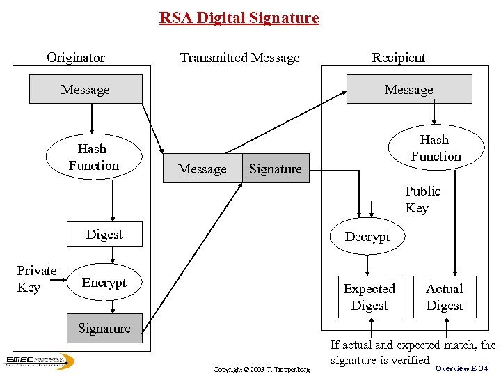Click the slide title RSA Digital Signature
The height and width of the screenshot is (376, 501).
239,17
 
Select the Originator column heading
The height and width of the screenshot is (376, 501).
76,57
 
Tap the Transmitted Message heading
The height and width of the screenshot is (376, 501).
239,57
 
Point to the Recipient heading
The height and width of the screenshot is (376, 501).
398,57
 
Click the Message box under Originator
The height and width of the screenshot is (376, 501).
85,89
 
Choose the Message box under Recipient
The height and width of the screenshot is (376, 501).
408,89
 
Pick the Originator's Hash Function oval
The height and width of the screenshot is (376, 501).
93,157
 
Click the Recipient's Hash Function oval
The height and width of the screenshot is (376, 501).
435,148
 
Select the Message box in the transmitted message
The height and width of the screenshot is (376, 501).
202,169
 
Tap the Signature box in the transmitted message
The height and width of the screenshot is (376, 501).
276,169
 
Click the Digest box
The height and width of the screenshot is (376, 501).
104,235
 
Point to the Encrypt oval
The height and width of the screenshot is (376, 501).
104,282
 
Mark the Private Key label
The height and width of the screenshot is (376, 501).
36,279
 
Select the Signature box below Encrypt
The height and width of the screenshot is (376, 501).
104,328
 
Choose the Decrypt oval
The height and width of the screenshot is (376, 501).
367,236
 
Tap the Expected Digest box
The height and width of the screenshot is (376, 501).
369,297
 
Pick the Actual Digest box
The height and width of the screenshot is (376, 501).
445,297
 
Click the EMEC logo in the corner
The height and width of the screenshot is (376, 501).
39,361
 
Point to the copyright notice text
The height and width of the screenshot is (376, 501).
261,368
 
